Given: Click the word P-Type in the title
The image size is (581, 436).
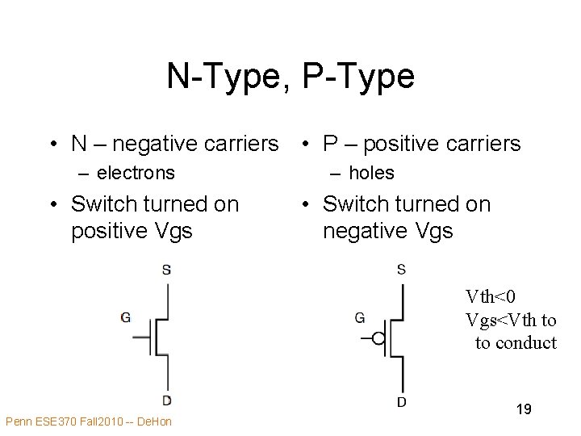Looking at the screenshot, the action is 358,76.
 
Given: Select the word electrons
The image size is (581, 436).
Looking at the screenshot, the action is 135,173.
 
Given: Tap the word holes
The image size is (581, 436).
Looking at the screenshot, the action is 371,173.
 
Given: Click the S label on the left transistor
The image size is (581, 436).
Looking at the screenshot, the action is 166,270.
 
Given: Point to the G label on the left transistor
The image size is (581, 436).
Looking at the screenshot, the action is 125,317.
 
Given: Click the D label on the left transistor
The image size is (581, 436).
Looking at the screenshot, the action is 166,400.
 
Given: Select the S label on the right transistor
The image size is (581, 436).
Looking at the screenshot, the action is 401,269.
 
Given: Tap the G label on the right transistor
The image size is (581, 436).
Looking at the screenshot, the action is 359,317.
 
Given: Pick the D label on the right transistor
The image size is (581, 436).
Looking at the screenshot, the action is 401,401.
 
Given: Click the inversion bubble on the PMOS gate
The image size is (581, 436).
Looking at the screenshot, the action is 377,337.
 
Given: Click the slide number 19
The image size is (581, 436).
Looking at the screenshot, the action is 524,409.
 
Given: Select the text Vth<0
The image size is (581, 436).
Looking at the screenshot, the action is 490,298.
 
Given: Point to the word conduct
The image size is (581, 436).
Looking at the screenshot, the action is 526,342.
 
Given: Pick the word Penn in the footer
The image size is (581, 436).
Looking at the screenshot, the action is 18,421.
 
